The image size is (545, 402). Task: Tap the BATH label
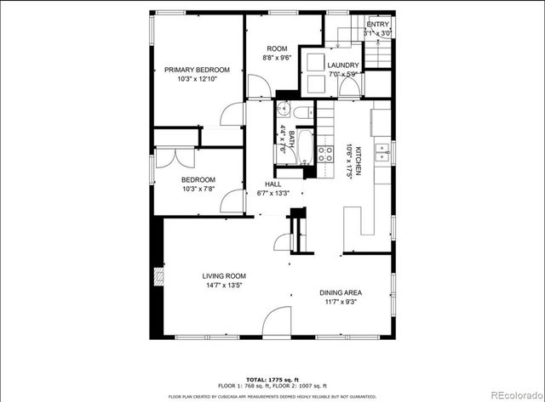290,139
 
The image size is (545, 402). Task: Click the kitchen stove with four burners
325,154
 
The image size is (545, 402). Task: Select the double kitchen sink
383,153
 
